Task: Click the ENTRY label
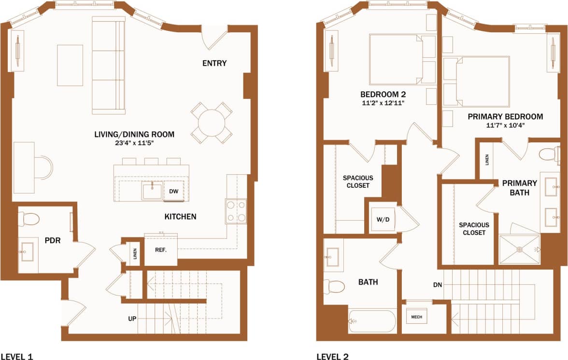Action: (214, 63)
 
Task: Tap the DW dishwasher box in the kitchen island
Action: (174, 191)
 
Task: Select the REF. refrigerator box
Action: (161, 250)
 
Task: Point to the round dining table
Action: (212, 122)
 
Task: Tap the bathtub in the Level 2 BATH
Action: (372, 321)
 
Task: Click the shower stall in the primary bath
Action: (520, 249)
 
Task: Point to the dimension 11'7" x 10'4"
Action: (505, 125)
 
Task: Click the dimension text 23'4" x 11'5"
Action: (134, 143)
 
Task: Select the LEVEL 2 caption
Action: (332, 357)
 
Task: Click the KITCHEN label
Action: (181, 217)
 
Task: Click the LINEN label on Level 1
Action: (135, 253)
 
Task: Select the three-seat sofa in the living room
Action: (109, 66)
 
